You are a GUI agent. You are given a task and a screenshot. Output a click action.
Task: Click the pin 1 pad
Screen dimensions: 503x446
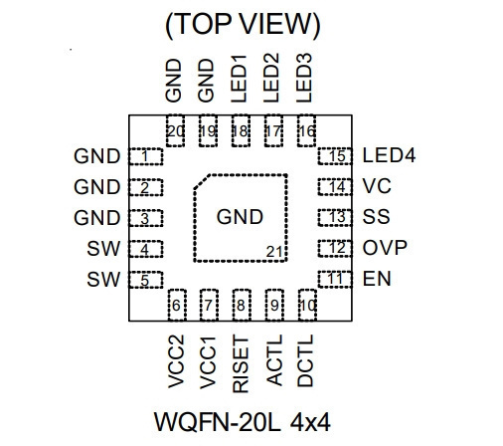click(x=146, y=156)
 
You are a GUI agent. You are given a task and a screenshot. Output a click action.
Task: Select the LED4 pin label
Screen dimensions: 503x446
click(x=389, y=155)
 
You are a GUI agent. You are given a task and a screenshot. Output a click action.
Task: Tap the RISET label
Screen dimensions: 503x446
click(x=241, y=364)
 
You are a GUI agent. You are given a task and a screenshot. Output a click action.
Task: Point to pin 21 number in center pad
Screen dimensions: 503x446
click(x=274, y=252)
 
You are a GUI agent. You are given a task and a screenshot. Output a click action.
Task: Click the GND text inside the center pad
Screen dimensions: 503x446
click(x=240, y=217)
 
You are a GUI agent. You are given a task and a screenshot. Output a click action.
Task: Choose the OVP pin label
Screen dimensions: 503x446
click(x=385, y=247)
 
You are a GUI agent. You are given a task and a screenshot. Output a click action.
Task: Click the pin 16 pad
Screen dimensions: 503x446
click(x=306, y=130)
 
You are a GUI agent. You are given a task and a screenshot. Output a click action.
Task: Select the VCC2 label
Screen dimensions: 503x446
click(x=176, y=361)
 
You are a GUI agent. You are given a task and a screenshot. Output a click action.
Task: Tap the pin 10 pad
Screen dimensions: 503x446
click(x=307, y=305)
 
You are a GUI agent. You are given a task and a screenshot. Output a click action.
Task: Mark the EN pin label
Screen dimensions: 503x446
click(x=377, y=279)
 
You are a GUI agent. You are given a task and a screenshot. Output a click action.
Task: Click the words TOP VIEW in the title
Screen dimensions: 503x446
click(x=243, y=24)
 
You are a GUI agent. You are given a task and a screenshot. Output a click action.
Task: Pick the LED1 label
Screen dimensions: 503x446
click(x=239, y=79)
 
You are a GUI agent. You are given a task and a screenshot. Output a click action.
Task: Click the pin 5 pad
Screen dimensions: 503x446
click(x=146, y=280)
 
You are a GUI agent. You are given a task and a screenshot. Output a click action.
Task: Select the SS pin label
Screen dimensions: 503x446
click(x=376, y=217)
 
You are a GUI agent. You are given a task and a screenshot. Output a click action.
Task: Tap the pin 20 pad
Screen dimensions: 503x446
click(x=175, y=130)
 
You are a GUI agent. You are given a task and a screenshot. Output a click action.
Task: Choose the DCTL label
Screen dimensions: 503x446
click(x=305, y=360)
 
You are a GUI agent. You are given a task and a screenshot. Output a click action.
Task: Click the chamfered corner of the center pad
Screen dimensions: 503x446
click(x=201, y=181)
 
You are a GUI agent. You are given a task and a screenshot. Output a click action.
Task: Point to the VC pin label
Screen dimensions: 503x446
click(x=377, y=186)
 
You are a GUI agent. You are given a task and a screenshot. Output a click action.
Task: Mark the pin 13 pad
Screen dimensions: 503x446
click(x=335, y=218)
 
